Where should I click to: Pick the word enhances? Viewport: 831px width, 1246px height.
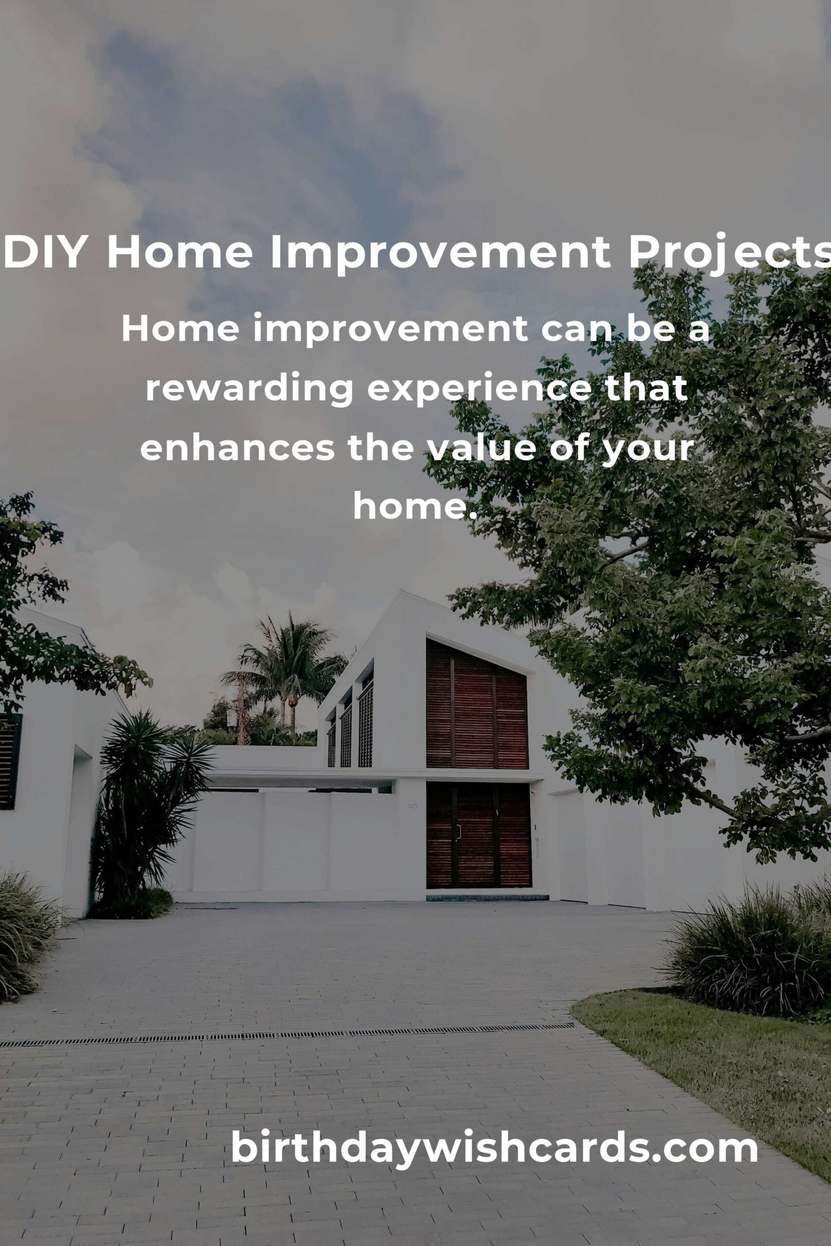[x=237, y=448]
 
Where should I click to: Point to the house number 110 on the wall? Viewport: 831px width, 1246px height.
[x=413, y=806]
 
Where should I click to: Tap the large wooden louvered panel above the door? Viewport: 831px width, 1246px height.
[x=477, y=705]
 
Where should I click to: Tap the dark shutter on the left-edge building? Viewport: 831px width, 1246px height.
[x=10, y=761]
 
